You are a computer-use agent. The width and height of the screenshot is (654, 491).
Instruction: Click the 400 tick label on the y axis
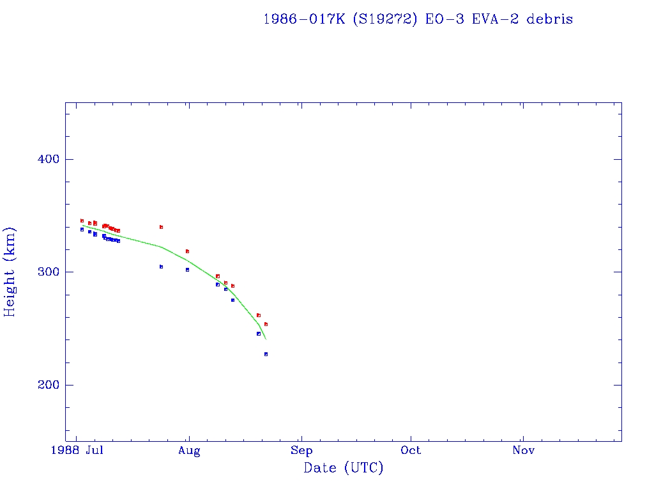coord(47,159)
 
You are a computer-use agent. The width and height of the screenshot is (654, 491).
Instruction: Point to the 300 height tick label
coord(47,272)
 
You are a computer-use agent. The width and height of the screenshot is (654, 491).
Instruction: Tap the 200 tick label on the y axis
coord(47,385)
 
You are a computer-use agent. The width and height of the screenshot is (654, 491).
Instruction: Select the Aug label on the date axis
coord(189,451)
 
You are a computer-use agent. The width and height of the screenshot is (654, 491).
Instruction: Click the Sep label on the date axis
coord(301,451)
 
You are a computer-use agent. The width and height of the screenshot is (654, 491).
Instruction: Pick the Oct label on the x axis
coord(411,451)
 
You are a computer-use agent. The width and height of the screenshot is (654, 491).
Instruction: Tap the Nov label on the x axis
coord(523,451)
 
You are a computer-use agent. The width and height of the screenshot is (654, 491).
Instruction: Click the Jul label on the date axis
coord(95,451)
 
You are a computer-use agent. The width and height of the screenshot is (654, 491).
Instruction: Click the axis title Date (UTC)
coord(343,468)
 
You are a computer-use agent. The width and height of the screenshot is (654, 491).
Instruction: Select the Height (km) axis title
coord(10,272)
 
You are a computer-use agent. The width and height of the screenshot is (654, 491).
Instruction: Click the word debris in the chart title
coord(549,19)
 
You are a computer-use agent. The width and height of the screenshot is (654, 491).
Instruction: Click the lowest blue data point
coord(266,354)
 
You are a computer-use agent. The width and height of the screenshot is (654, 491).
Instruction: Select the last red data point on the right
coord(266,324)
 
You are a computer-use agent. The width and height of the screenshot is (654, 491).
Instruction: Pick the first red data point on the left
coord(82,221)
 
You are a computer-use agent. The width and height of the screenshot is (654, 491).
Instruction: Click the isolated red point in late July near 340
coord(161,227)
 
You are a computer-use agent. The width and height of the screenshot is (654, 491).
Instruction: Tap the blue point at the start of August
coord(187,270)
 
